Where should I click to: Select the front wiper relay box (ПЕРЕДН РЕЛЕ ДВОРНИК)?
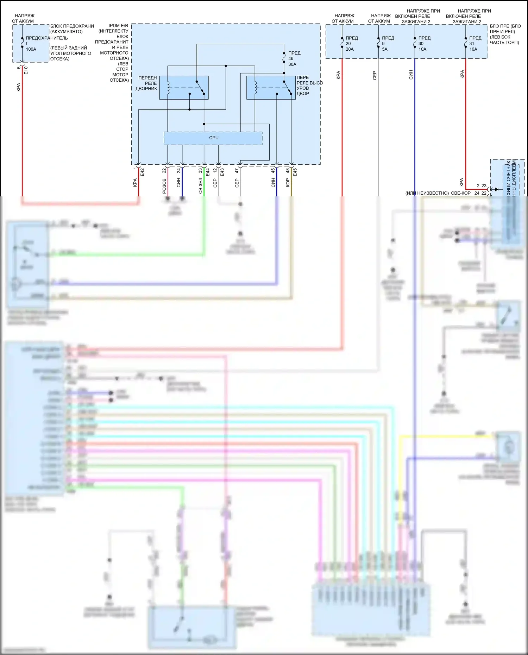(184, 88)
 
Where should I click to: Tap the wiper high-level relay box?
(271, 88)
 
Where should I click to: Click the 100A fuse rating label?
(31, 49)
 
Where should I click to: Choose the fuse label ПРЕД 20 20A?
(351, 44)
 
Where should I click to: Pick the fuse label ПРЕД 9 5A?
(387, 44)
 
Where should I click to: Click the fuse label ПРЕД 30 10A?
(424, 44)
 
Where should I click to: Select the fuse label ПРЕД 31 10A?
(474, 44)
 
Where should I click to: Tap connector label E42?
(142, 172)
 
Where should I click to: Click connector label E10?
(26, 70)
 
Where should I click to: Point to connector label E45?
(295, 172)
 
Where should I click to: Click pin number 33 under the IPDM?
(200, 171)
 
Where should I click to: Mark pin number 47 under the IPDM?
(237, 171)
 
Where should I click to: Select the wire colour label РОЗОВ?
(164, 186)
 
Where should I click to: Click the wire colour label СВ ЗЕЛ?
(200, 186)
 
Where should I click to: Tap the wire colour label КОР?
(288, 182)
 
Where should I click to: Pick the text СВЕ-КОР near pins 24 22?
(460, 193)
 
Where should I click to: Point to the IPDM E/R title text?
(118, 26)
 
